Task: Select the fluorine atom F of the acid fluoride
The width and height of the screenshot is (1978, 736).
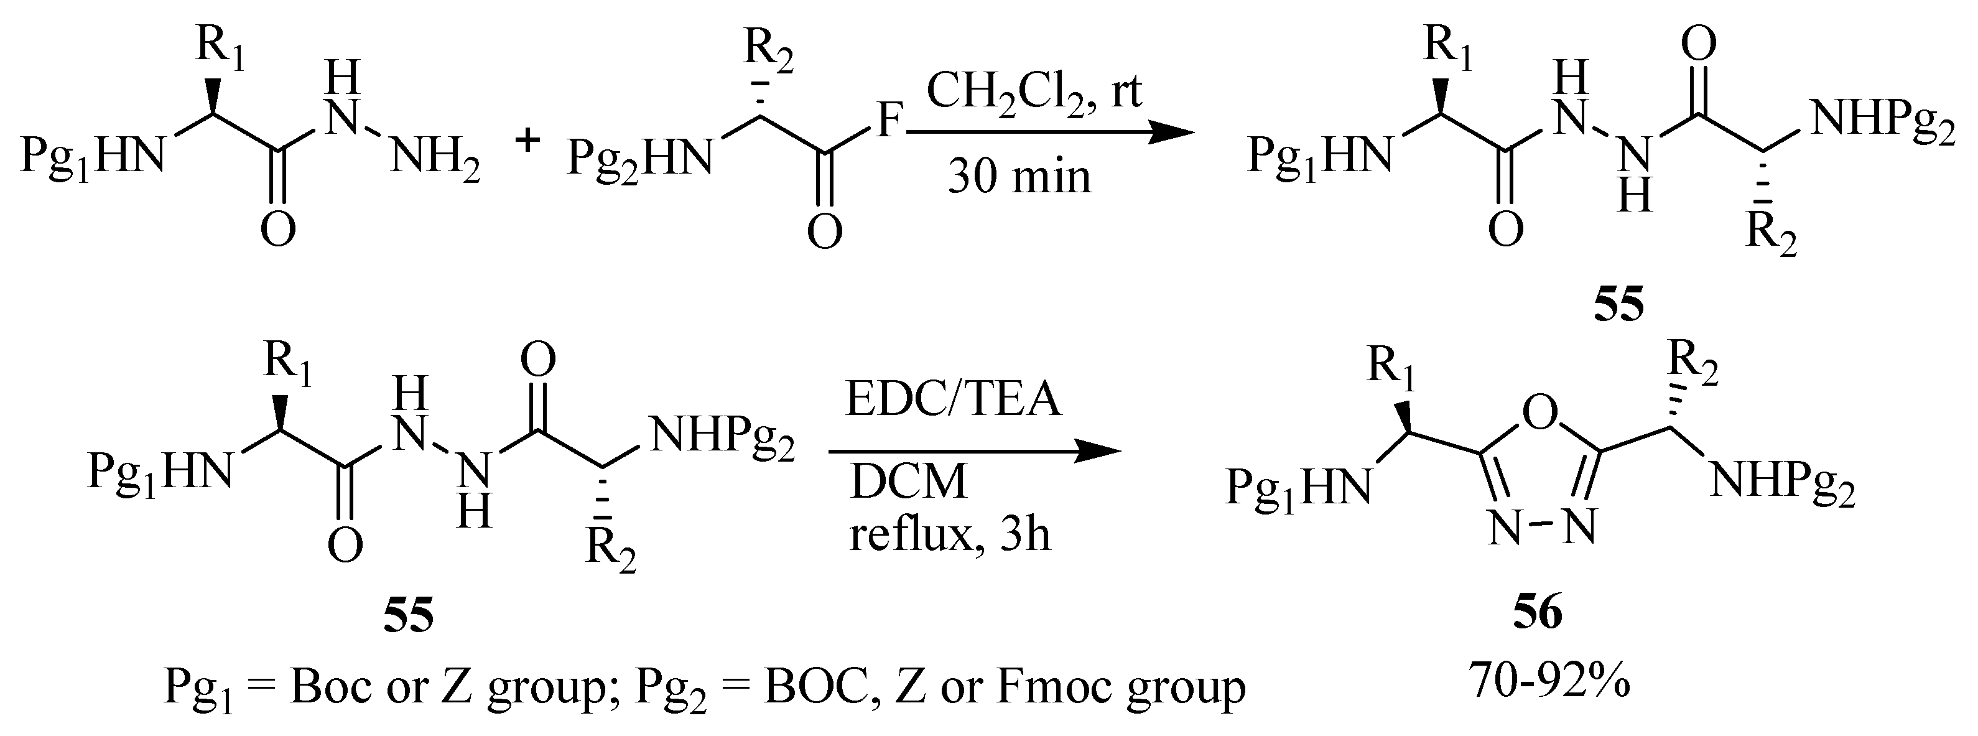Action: click(x=888, y=122)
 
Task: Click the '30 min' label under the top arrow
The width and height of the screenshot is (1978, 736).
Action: click(x=1019, y=176)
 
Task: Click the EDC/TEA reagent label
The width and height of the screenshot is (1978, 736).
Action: click(x=954, y=400)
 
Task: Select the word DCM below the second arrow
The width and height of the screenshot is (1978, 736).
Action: click(x=908, y=483)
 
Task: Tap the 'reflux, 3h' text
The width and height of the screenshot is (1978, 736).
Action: click(x=949, y=533)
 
